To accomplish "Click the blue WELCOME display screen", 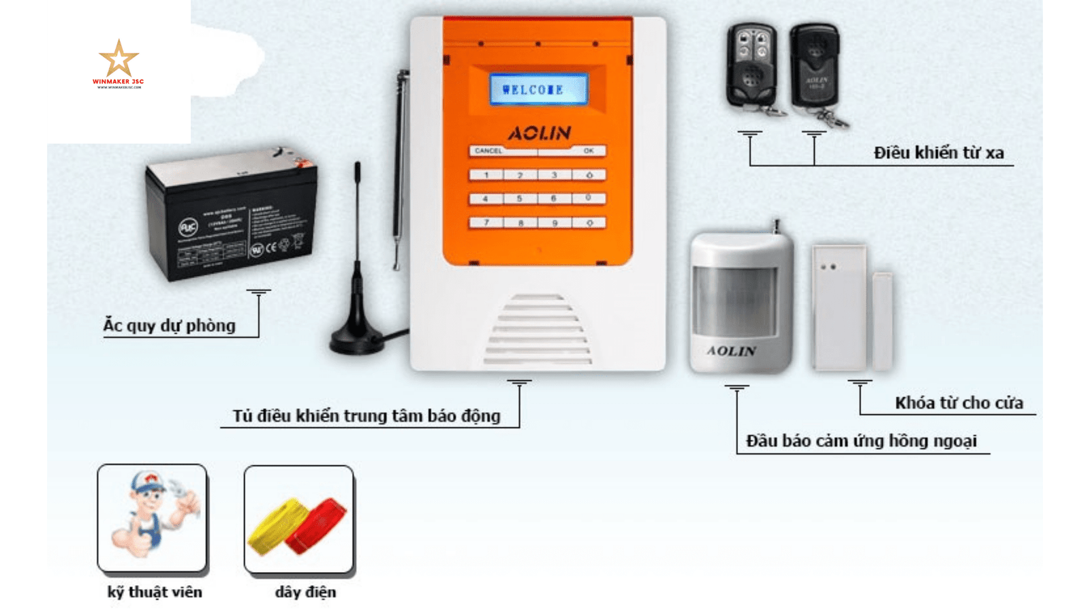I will [538, 89].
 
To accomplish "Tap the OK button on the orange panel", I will [588, 151].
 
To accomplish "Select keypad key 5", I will [519, 199].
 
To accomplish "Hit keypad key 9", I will [555, 223].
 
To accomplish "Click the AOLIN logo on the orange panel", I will [539, 132].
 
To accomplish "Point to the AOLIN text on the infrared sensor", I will [731, 351].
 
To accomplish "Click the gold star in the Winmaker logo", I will [119, 59].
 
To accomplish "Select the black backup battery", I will [230, 215].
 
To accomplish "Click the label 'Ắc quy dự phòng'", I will [169, 326].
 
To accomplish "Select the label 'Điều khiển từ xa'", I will [938, 153].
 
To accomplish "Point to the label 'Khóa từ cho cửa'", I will [959, 403].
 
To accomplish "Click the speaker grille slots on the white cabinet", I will [538, 330].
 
